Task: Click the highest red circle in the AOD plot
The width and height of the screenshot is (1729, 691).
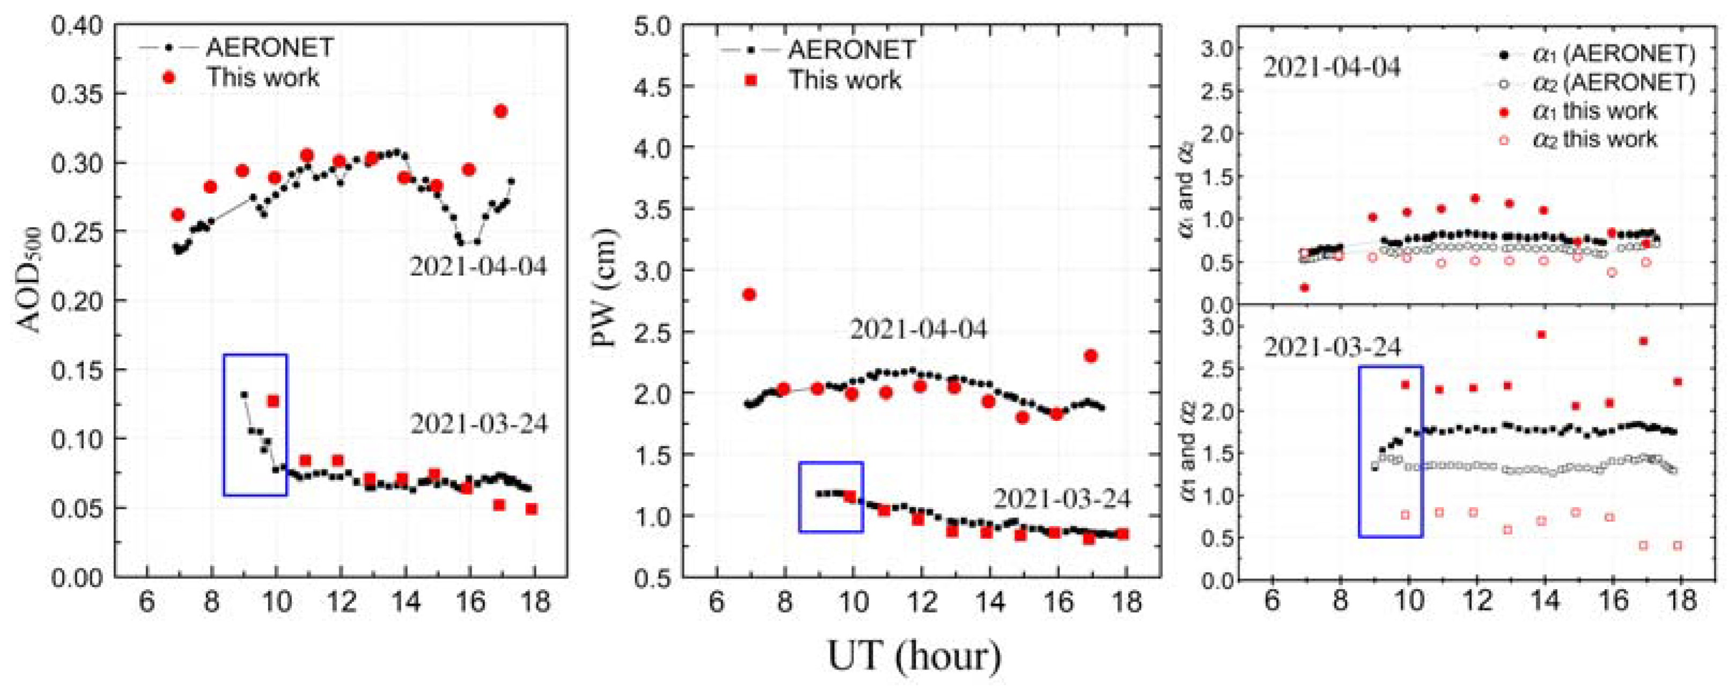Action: click(x=500, y=112)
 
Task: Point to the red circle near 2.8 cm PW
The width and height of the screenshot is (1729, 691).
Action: click(x=750, y=294)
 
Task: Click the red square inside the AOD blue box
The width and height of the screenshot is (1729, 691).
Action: click(x=273, y=401)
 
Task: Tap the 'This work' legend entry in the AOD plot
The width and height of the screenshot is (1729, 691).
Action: click(x=262, y=78)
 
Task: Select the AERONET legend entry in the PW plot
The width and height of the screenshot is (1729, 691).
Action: click(x=851, y=50)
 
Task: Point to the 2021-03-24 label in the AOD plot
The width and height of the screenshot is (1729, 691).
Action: click(x=479, y=424)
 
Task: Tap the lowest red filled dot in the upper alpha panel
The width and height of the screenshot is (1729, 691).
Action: click(x=1304, y=288)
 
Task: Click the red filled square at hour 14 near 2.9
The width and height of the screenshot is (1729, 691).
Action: click(x=1542, y=335)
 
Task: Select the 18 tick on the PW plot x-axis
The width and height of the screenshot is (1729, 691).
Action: click(x=1128, y=602)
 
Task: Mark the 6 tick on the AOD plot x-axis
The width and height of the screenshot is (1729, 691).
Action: click(x=147, y=602)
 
